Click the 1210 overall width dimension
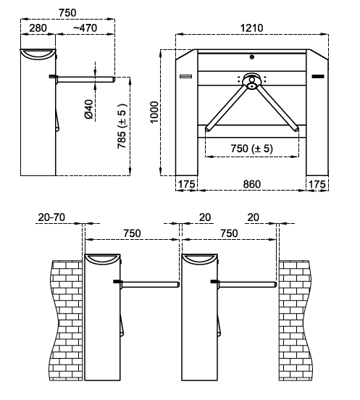(251, 28)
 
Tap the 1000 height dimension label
(154, 112)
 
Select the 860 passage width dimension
(251, 184)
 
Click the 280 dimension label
(38, 28)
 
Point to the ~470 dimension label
(85, 28)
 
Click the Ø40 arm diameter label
(88, 109)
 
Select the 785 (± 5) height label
(122, 126)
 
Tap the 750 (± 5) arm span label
(251, 149)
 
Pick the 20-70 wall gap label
(51, 217)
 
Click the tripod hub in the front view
(251, 81)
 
